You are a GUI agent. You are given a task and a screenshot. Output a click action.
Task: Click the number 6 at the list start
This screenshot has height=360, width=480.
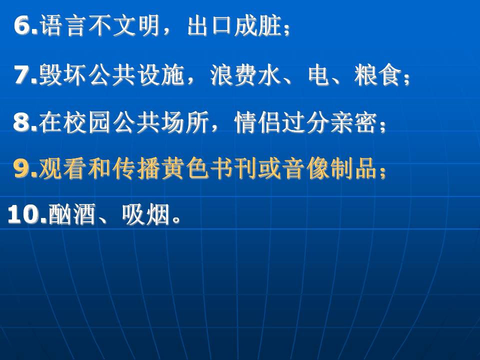tap(22, 25)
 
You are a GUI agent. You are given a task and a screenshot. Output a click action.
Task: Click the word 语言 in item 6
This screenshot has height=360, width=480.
tap(61, 25)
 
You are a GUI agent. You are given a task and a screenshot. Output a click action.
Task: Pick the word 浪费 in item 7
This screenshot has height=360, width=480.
tap(232, 75)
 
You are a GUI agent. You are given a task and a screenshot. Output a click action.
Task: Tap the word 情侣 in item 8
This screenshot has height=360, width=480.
tap(257, 122)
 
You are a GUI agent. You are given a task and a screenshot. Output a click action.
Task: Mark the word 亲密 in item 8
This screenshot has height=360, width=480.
tap(354, 122)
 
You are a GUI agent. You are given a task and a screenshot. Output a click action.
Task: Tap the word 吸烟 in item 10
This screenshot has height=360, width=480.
tap(145, 214)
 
